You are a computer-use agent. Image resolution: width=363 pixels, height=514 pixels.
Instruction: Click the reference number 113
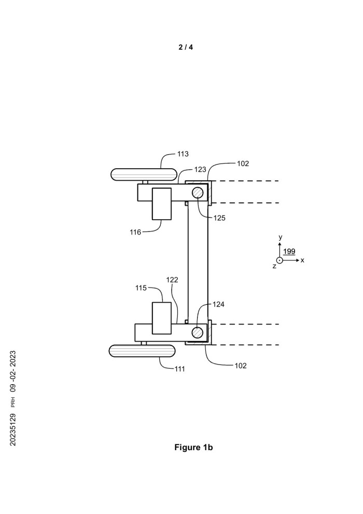pyautogui.click(x=183, y=154)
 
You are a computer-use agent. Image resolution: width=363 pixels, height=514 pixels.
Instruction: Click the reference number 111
pyautogui.click(x=180, y=369)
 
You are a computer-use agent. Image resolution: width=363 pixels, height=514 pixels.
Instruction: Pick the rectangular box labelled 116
pyautogui.click(x=161, y=204)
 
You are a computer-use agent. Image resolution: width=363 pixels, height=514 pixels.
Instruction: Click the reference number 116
pyautogui.click(x=135, y=232)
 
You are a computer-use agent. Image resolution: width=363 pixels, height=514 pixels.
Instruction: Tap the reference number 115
pyautogui.click(x=141, y=287)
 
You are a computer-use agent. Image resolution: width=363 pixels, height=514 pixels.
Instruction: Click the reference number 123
pyautogui.click(x=200, y=169)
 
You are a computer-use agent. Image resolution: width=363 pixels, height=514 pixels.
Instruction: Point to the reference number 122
pyautogui.click(x=172, y=279)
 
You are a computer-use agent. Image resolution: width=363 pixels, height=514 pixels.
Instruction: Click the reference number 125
pyautogui.click(x=219, y=218)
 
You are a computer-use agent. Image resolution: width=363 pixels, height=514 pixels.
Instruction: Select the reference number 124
pyautogui.click(x=219, y=305)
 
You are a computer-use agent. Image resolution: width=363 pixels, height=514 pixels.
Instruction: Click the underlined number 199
pyautogui.click(x=289, y=251)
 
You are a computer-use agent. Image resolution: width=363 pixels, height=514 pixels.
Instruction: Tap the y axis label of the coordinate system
pyautogui.click(x=280, y=237)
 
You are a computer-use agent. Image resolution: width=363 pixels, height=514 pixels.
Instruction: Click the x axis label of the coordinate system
pyautogui.click(x=302, y=260)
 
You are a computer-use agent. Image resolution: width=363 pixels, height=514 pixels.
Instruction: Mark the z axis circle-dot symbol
pyautogui.click(x=280, y=260)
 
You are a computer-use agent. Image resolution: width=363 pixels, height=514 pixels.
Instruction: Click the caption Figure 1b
pyautogui.click(x=193, y=448)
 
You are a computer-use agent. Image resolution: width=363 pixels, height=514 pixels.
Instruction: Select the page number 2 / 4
pyautogui.click(x=186, y=47)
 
